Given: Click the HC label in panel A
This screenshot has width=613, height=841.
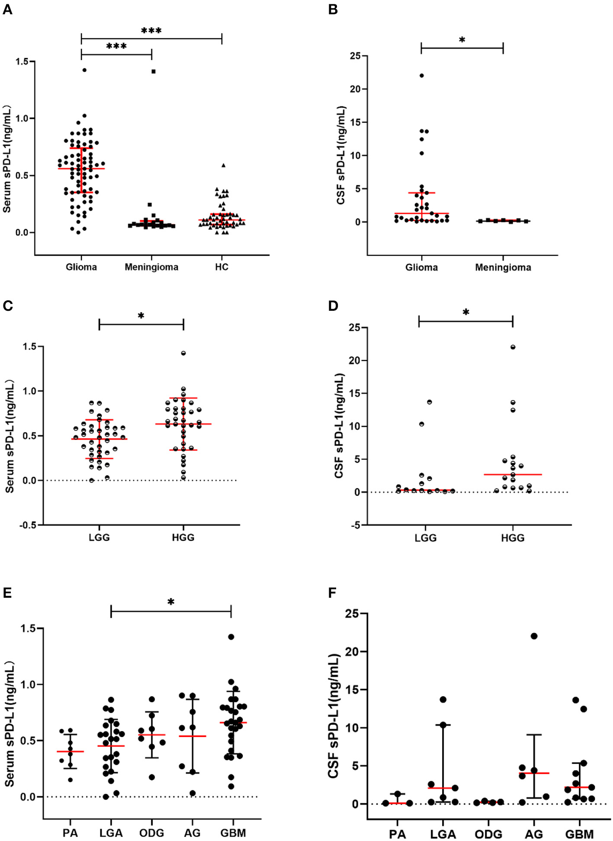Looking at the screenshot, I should [x=221, y=267].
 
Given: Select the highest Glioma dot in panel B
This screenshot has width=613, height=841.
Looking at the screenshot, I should [x=422, y=76].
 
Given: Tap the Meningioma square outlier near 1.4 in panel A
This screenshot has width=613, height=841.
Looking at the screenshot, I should [x=154, y=71].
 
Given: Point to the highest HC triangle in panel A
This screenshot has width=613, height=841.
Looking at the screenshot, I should [x=223, y=165].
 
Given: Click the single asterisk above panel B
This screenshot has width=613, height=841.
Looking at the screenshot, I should [x=462, y=40].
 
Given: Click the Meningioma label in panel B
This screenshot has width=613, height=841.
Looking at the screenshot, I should [x=503, y=267].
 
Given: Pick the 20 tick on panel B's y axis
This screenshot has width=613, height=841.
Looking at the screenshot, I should [x=356, y=89].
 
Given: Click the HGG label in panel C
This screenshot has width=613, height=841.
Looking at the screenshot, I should [x=183, y=538].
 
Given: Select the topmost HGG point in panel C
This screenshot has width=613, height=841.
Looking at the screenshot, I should [x=183, y=353].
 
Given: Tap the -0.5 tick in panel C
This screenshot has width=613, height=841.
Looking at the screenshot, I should [x=30, y=525].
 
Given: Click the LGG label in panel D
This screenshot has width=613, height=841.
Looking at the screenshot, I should [x=426, y=538].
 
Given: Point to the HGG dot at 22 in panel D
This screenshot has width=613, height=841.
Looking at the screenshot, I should [x=513, y=347].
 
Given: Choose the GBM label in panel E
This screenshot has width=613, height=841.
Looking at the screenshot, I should [x=233, y=833].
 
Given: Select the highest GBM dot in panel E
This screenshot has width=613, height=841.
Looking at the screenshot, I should [x=231, y=637].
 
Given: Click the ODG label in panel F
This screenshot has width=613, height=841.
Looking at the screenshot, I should [x=488, y=834].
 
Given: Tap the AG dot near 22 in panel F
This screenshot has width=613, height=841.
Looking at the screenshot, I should [x=534, y=636].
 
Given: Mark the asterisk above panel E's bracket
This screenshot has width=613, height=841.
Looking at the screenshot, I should [x=171, y=602].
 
